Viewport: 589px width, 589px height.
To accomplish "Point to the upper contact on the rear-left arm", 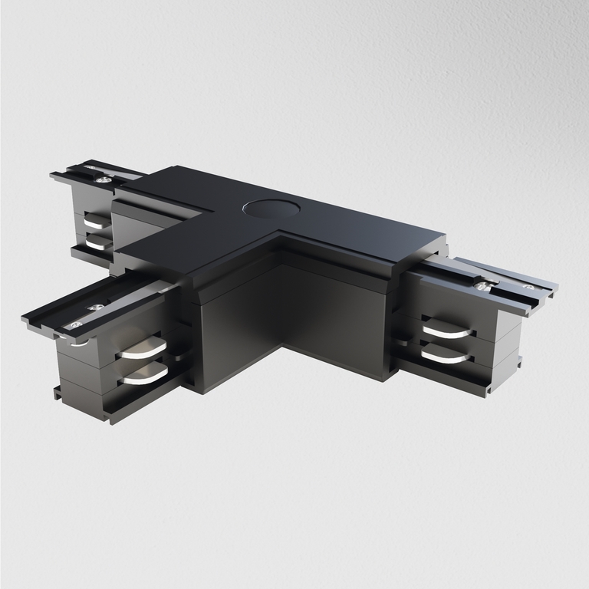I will tap(98, 222).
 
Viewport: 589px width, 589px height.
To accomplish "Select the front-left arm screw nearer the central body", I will tap(96, 308).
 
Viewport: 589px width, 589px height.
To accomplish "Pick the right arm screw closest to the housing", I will tap(481, 286).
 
